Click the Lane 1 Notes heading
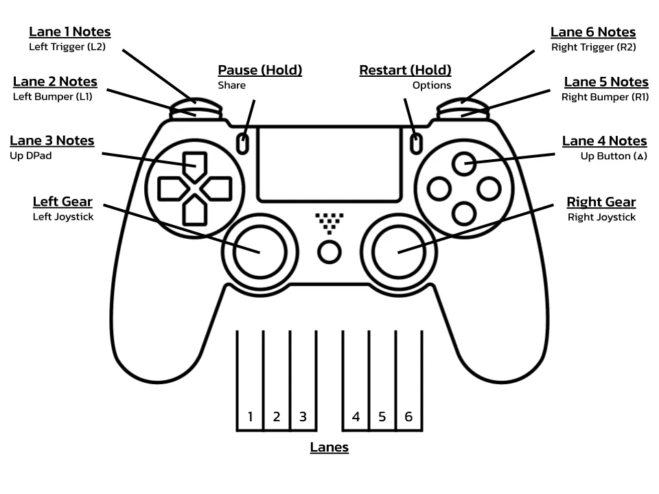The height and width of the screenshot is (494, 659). (x=69, y=32)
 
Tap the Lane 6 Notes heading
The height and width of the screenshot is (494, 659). (x=593, y=32)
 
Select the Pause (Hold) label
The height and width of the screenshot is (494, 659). (x=259, y=70)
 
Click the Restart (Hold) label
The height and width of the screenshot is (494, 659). (x=405, y=70)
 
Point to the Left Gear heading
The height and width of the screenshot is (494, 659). (x=62, y=202)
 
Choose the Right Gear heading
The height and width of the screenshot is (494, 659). (x=601, y=202)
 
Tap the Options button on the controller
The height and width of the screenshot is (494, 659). (x=415, y=143)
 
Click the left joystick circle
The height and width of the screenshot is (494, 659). (x=259, y=251)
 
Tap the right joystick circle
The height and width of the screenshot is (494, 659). (x=399, y=251)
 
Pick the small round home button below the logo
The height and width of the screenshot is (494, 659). (x=329, y=252)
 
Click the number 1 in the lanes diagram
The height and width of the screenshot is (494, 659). (x=251, y=416)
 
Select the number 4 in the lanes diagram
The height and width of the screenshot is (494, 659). (x=356, y=416)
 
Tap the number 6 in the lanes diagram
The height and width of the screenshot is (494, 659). (x=408, y=416)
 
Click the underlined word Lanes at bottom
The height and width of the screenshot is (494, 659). (x=329, y=447)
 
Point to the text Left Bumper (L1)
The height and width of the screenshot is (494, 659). (x=53, y=97)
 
